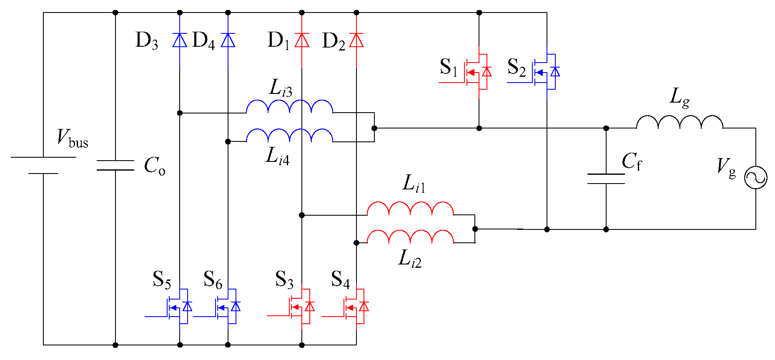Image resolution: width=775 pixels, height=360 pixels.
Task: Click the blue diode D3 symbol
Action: point(180,40)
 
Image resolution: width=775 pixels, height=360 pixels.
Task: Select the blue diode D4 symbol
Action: point(228,40)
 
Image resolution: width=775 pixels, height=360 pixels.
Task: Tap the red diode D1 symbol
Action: point(301,40)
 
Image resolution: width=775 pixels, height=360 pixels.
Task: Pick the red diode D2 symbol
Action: point(356,40)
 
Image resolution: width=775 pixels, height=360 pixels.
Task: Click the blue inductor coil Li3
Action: point(289,107)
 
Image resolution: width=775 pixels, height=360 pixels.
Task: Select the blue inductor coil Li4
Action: point(289,136)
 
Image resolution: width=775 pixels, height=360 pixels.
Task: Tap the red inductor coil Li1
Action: point(410,209)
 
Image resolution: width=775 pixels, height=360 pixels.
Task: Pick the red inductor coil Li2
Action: point(410,237)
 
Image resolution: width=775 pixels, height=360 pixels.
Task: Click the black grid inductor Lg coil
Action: point(680,122)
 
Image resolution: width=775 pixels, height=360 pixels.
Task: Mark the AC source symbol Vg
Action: point(755,178)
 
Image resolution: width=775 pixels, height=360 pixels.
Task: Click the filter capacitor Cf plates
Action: point(606,179)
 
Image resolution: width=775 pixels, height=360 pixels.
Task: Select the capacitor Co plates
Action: point(115,165)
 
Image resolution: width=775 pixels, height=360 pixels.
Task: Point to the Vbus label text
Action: point(73,138)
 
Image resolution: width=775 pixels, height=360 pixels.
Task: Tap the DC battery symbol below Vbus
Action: point(43,165)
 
